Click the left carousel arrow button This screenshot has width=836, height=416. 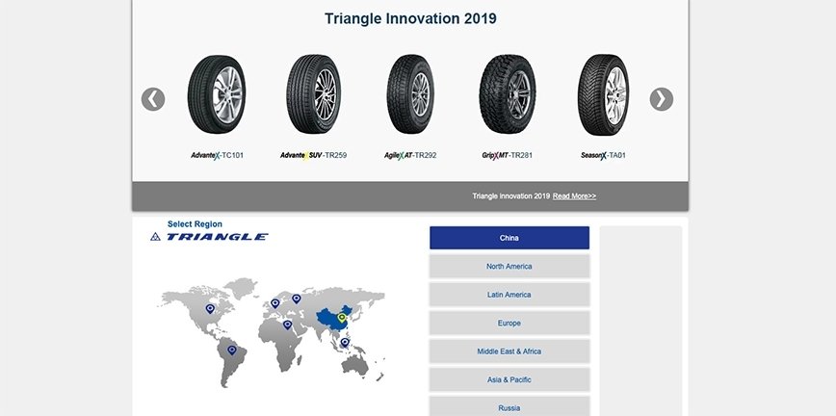[x=153, y=99]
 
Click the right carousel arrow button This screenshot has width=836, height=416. [x=661, y=99]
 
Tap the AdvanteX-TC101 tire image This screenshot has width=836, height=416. [x=217, y=94]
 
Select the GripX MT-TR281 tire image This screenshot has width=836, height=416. [x=508, y=94]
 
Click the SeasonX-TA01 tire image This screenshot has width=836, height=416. [x=604, y=95]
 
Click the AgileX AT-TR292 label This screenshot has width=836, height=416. [x=410, y=155]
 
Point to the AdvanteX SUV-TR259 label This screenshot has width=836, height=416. [x=314, y=155]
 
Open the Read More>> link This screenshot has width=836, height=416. [x=574, y=195]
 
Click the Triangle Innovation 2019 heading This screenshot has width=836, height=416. [x=410, y=18]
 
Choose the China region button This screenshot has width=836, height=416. [x=509, y=238]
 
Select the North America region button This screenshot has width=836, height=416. [x=509, y=266]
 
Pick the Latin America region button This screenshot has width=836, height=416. [x=509, y=295]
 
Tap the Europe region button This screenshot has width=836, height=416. [x=509, y=323]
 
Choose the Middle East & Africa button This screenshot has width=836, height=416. [x=509, y=351]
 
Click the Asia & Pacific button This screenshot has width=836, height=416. [x=509, y=379]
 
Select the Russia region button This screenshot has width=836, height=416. [x=509, y=406]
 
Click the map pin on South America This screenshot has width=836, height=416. [x=231, y=350]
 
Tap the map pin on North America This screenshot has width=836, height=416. [x=210, y=308]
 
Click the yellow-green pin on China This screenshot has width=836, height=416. [x=342, y=318]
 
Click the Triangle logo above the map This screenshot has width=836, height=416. [x=209, y=237]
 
